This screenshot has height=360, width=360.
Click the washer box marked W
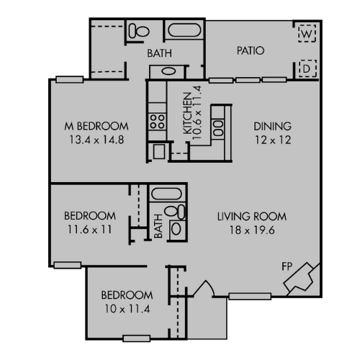306,32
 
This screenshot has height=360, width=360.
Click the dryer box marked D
306,68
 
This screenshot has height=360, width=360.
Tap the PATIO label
251,51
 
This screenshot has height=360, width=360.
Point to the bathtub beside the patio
184,31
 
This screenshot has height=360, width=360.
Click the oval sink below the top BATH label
167,71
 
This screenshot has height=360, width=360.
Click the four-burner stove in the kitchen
156,120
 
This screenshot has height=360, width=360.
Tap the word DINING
272,126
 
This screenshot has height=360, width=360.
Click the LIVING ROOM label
252,216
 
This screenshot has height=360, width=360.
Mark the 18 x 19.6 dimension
252,230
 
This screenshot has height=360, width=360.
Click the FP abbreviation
286,266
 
